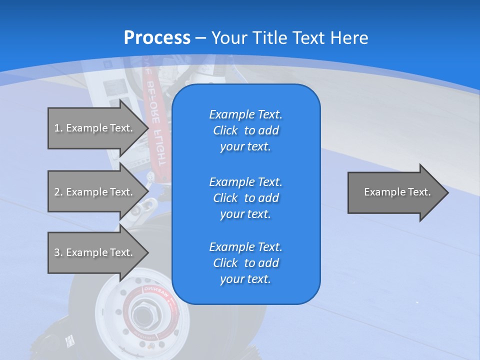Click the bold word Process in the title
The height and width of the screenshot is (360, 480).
pyautogui.click(x=157, y=38)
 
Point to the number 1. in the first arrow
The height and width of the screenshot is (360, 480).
pyautogui.click(x=58, y=128)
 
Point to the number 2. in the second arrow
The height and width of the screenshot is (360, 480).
pyautogui.click(x=58, y=192)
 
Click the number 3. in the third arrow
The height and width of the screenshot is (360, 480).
pyautogui.click(x=58, y=252)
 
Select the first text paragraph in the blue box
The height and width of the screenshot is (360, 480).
pyautogui.click(x=245, y=130)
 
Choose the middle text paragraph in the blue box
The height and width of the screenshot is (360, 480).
pyautogui.click(x=245, y=198)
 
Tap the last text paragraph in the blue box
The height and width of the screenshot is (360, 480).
pyautogui.click(x=245, y=263)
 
